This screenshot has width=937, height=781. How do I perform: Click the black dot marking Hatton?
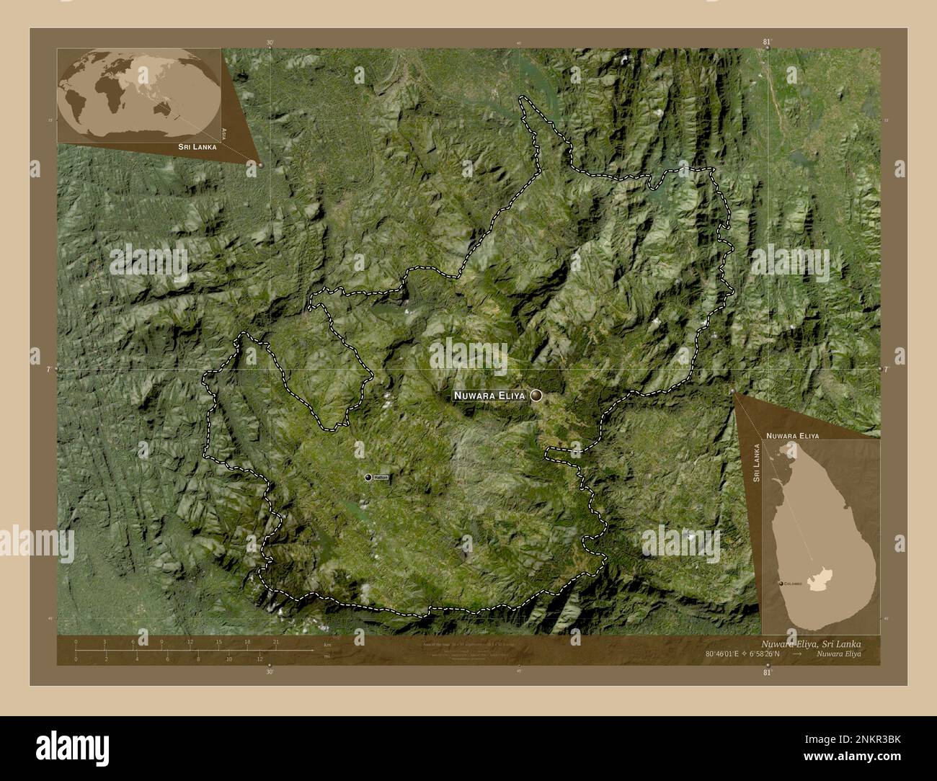click(368, 478)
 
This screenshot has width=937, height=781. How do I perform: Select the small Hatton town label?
click(381, 478)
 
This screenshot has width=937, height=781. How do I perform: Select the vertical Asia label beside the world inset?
click(225, 133)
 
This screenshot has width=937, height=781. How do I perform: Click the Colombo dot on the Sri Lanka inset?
click(781, 583)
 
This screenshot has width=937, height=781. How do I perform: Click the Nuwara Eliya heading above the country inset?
click(792, 436)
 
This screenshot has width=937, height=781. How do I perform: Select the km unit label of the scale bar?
click(327, 645)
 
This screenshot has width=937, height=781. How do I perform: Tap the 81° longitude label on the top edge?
click(768, 43)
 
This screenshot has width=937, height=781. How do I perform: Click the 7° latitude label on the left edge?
click(49, 369)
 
